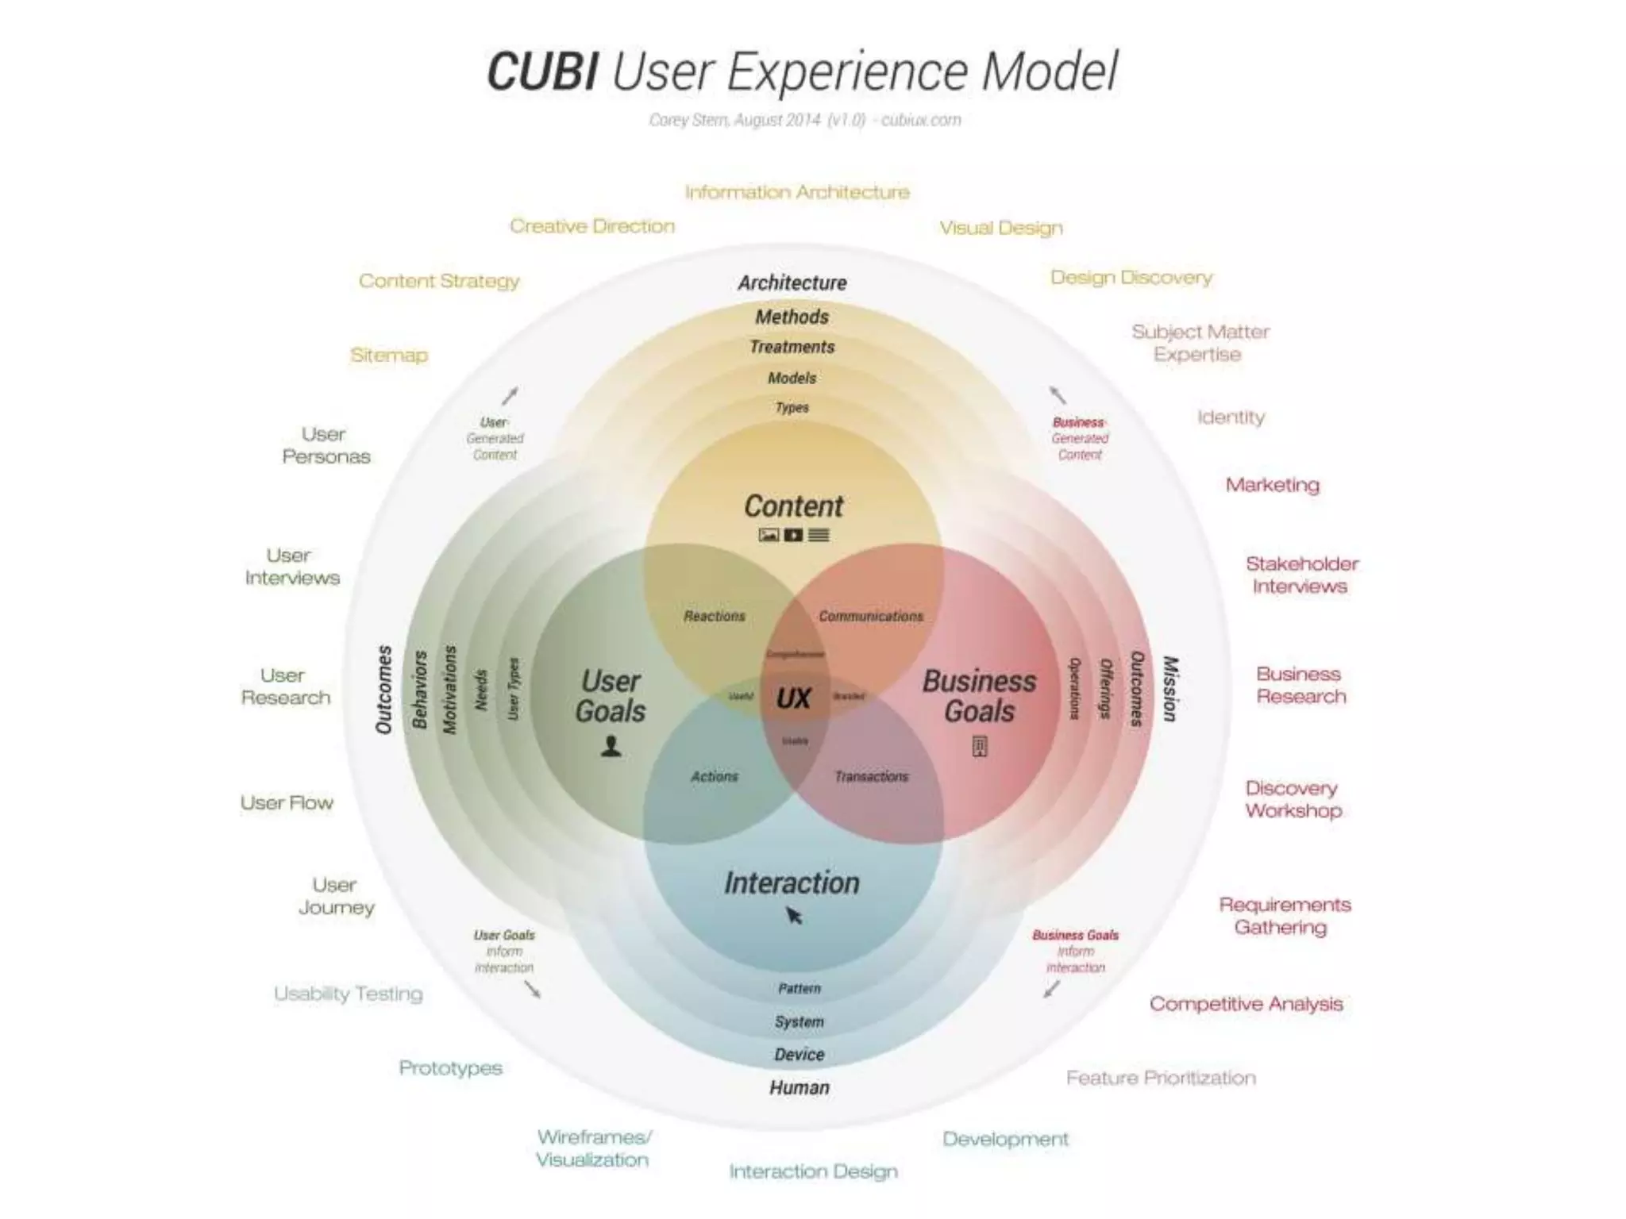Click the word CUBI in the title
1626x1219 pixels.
click(542, 72)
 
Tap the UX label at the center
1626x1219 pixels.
click(793, 699)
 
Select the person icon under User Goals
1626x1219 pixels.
click(611, 747)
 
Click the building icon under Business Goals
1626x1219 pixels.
click(979, 747)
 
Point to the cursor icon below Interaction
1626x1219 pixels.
click(794, 917)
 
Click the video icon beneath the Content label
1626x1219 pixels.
click(793, 536)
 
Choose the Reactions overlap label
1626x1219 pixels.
click(715, 617)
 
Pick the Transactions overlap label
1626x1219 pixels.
click(871, 777)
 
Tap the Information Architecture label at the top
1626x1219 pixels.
click(797, 193)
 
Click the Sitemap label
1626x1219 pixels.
click(389, 356)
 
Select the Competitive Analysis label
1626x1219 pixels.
click(1246, 1005)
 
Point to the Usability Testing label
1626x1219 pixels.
click(348, 994)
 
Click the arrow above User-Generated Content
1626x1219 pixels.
click(510, 395)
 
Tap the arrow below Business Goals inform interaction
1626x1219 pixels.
click(1051, 990)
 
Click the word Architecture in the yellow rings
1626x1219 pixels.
click(792, 283)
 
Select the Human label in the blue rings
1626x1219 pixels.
click(799, 1088)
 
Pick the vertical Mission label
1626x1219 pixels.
click(1169, 689)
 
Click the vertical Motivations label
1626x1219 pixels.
click(449, 689)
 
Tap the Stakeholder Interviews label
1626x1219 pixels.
click(1301, 575)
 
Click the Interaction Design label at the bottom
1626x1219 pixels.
click(813, 1172)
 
